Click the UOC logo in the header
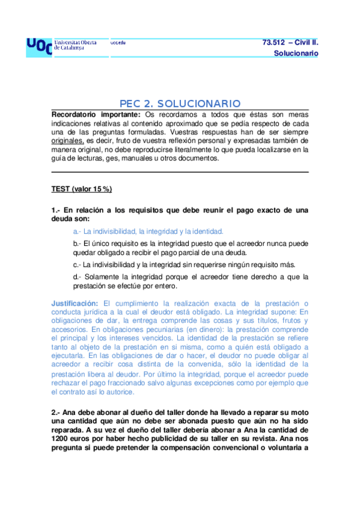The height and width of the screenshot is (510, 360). click(38, 47)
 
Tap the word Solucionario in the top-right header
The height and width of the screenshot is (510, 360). click(296, 54)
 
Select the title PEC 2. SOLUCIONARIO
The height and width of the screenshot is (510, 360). click(180, 103)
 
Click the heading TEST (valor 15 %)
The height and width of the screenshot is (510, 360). click(81, 189)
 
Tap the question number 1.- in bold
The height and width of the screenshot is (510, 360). click(56, 210)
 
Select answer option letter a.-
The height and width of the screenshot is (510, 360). click(77, 231)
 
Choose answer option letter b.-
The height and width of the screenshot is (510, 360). click(77, 244)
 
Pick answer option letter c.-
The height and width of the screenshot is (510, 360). click(77, 265)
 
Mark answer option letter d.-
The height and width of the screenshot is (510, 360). click(77, 277)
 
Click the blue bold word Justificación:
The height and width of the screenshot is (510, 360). click(75, 303)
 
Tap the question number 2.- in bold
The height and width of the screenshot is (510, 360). click(56, 413)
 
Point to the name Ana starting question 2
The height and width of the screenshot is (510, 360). click(70, 413)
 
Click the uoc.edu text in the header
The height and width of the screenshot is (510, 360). click(118, 43)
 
